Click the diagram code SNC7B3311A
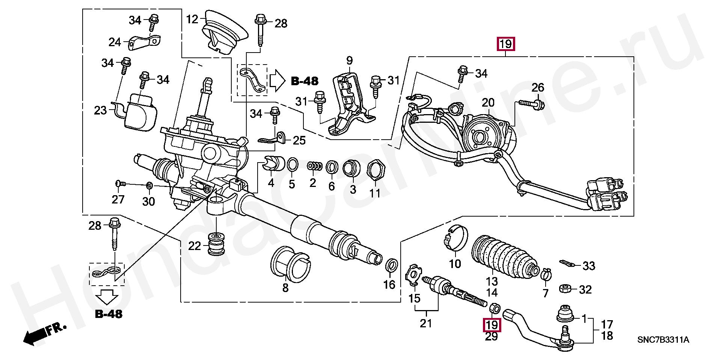click(663, 340)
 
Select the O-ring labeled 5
click(293, 165)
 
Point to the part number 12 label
click(192, 19)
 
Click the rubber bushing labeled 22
click(216, 245)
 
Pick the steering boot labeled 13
click(505, 259)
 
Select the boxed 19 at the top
click(505, 44)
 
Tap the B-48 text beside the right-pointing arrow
click(305, 81)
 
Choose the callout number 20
click(488, 102)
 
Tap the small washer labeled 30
click(149, 185)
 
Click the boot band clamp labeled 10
click(456, 237)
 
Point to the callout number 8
click(285, 288)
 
